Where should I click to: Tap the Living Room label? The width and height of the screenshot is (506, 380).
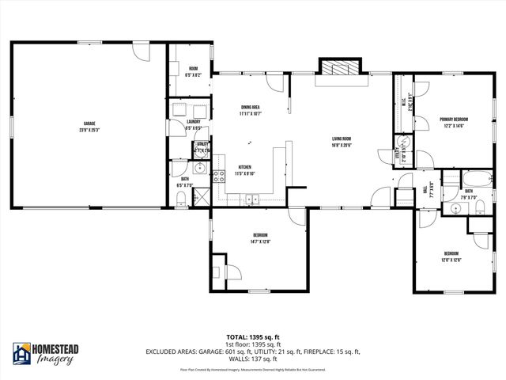point(342,142)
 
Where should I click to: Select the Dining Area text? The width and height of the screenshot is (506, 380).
point(250,110)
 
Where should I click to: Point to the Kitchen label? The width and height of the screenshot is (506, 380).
point(246,169)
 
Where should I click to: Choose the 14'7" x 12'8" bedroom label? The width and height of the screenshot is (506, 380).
point(261,238)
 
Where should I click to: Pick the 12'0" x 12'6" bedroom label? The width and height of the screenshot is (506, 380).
point(451,256)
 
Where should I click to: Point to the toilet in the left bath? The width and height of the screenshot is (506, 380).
point(182,205)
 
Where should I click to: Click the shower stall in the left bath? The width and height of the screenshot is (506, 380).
point(200,196)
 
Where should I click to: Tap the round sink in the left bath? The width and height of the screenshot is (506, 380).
point(200,169)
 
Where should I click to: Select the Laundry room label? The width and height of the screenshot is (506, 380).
point(193,124)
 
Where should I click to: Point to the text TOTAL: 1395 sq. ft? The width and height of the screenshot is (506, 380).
point(252,336)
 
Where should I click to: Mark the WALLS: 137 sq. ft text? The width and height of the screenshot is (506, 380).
point(252,357)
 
